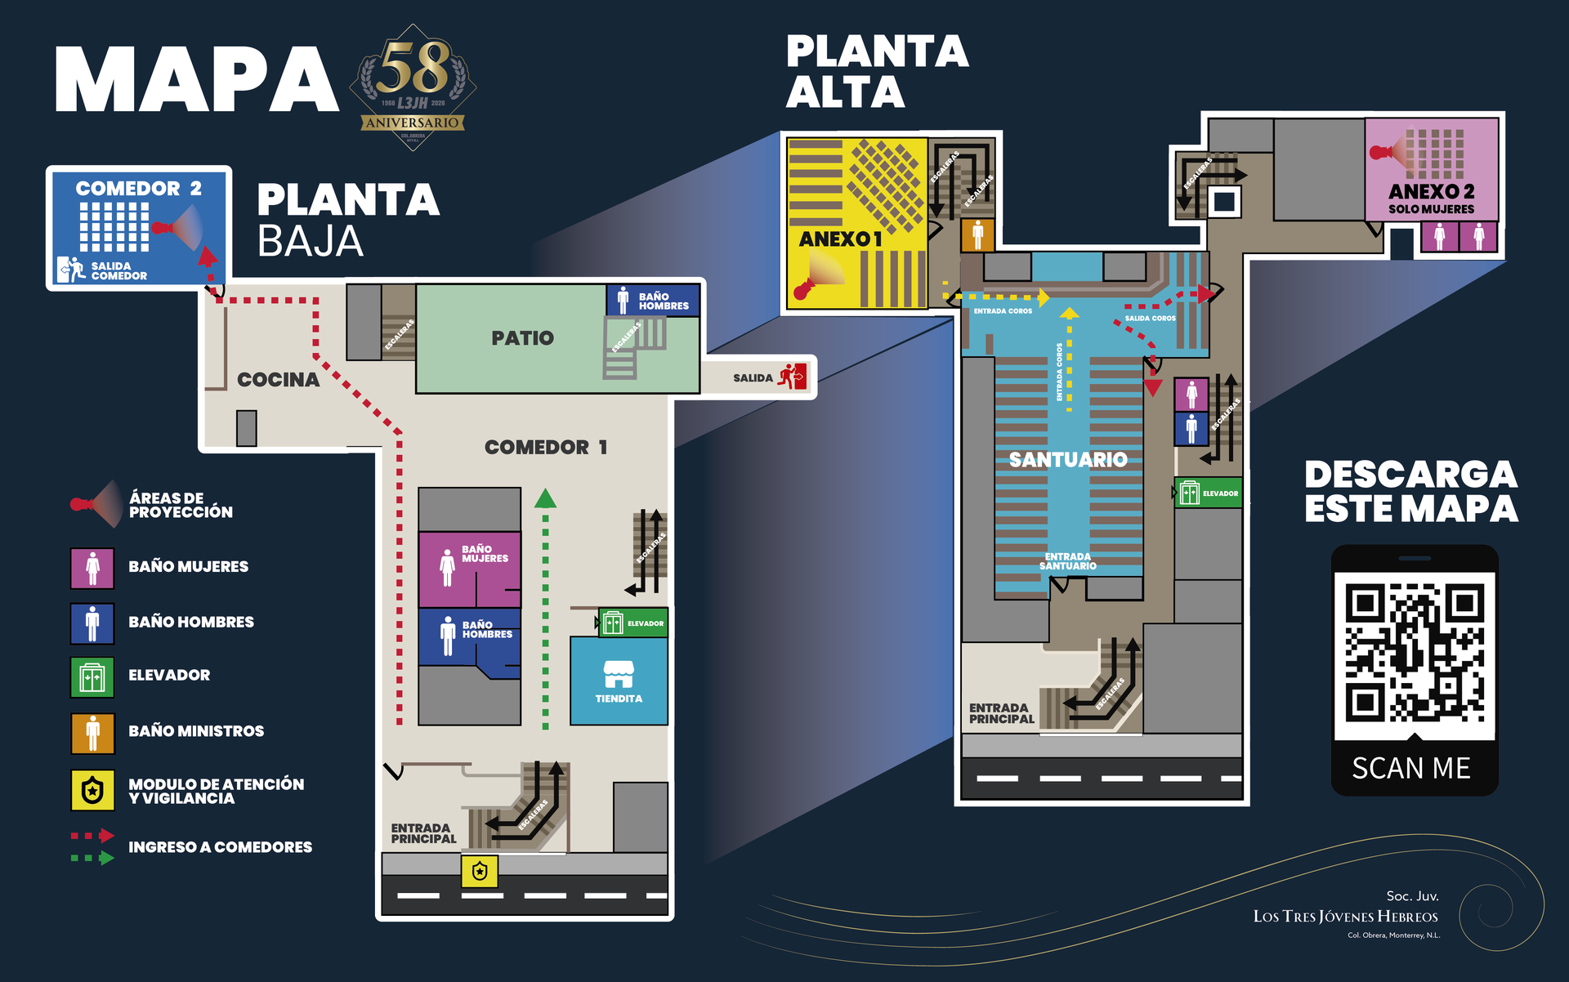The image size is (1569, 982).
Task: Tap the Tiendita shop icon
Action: (x=619, y=674)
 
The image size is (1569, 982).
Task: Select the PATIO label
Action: (x=522, y=337)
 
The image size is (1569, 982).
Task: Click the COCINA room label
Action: (x=278, y=380)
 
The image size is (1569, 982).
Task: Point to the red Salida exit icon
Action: (x=792, y=377)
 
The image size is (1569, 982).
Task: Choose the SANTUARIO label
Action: (x=1068, y=460)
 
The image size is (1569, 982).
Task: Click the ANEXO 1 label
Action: (x=840, y=239)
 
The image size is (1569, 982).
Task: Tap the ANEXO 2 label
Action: (x=1431, y=191)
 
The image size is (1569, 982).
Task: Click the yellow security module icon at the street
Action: (x=480, y=871)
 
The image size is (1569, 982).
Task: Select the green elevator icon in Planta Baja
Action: (x=613, y=623)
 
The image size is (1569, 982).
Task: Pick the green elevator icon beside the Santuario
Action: (x=1189, y=493)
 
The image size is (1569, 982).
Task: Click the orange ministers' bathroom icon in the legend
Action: (x=92, y=732)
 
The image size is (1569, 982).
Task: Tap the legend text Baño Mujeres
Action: (x=188, y=566)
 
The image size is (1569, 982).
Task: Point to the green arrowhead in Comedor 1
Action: (x=545, y=498)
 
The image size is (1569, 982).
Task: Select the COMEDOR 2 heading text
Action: (x=138, y=189)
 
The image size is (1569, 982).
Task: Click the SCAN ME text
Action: (x=1411, y=768)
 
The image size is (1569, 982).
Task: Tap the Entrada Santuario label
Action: (x=1067, y=561)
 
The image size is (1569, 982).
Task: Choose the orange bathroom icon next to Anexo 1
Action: (x=977, y=234)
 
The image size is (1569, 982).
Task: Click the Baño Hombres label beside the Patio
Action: (x=663, y=301)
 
